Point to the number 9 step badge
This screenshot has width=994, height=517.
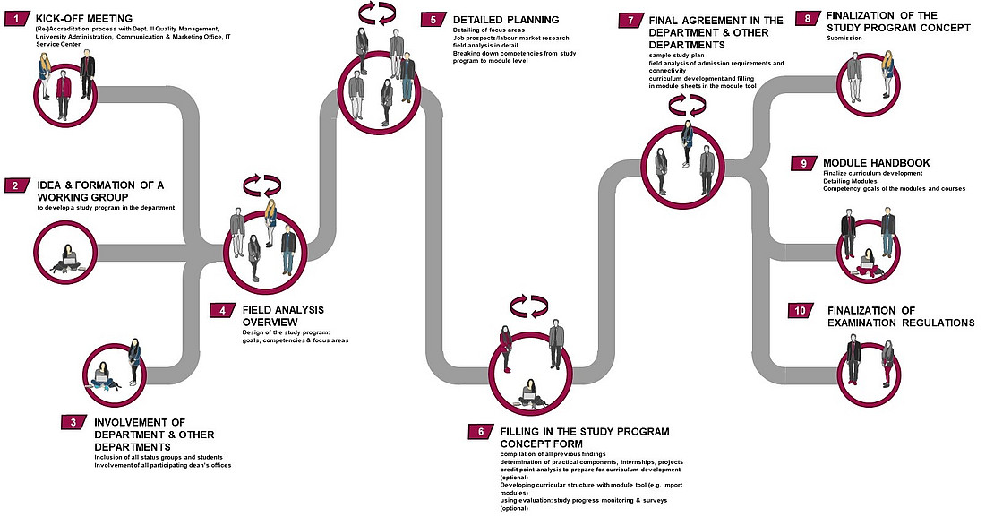point(804,163)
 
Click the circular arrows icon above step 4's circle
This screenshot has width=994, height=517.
point(262,185)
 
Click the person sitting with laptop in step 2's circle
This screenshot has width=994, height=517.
point(68,258)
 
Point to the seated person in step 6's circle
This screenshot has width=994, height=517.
point(530,387)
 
